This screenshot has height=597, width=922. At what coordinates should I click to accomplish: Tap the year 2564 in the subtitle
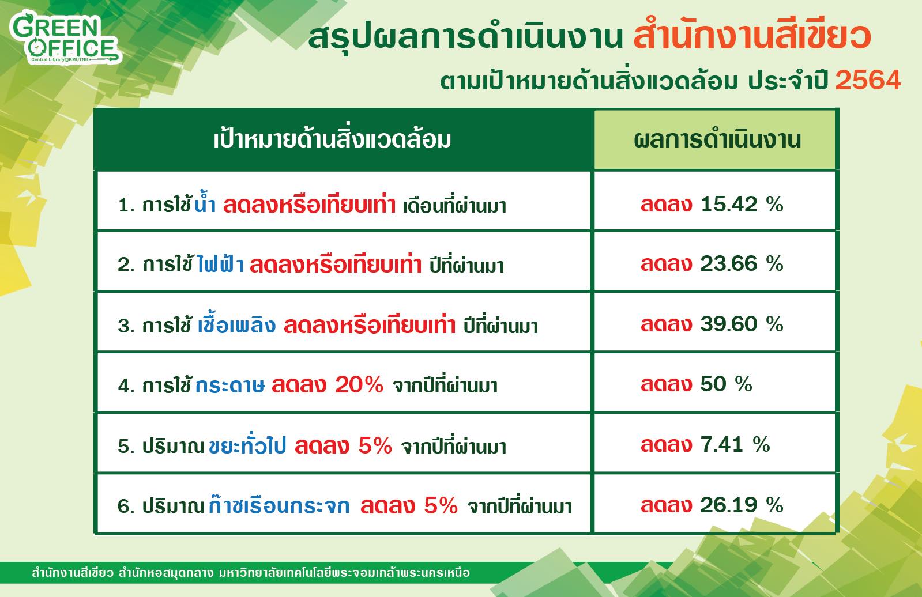[868, 80]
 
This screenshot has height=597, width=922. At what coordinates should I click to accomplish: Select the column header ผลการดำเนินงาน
[717, 140]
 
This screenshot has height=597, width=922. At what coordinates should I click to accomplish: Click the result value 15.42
[729, 204]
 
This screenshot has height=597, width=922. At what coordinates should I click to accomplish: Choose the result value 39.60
[729, 324]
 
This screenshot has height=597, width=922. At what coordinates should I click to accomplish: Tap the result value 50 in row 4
[713, 384]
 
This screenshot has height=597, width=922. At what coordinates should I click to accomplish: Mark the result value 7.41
[722, 444]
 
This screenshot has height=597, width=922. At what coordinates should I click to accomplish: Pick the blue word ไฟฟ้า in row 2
[221, 263]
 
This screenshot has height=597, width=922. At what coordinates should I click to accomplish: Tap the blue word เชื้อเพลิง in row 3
[236, 324]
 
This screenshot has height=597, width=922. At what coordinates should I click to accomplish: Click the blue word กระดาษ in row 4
[229, 386]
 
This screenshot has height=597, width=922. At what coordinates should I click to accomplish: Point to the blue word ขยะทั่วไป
[247, 444]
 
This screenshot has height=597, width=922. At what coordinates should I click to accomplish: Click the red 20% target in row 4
[359, 385]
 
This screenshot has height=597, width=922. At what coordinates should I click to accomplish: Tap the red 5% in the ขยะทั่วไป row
[375, 445]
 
